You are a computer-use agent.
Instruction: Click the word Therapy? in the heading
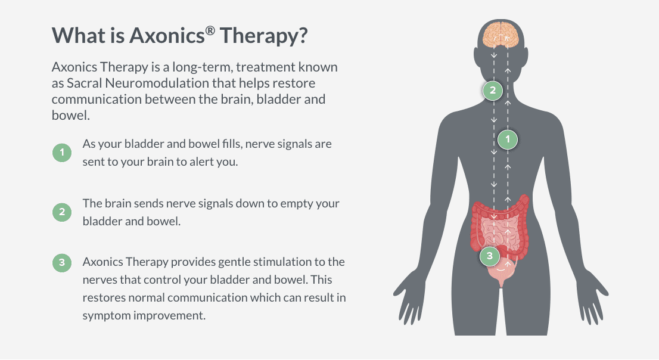pos(264,35)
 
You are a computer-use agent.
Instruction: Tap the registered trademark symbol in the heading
pos(210,29)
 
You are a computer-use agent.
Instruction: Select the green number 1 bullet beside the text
pos(61,153)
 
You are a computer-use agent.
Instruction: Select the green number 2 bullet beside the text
pos(61,212)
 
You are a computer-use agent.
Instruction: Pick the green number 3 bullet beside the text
pos(61,263)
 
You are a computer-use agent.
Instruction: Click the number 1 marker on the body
pos(508,139)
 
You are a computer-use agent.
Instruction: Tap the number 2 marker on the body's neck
pos(492,91)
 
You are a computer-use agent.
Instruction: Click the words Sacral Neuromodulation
pos(129,83)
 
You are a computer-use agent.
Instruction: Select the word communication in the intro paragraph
pos(95,99)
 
